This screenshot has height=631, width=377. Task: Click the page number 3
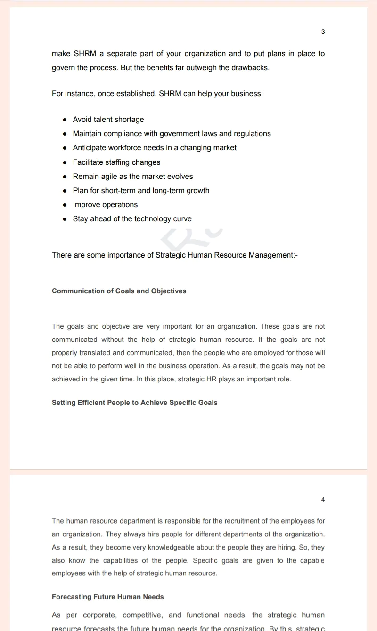pyautogui.click(x=323, y=32)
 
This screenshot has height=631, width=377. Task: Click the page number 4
pyautogui.click(x=323, y=500)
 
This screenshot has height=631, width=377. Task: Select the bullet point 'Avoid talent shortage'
pyautogui.click(x=108, y=120)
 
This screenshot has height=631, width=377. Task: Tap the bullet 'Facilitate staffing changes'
pyautogui.click(x=116, y=162)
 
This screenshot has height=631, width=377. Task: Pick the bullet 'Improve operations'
pyautogui.click(x=105, y=205)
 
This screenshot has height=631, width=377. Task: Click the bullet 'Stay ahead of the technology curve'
pyautogui.click(x=132, y=219)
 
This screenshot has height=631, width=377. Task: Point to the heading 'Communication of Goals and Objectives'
pyautogui.click(x=119, y=291)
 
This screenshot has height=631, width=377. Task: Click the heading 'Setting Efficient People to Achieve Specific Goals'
pyautogui.click(x=134, y=403)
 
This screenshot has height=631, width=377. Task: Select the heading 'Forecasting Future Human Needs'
pyautogui.click(x=107, y=597)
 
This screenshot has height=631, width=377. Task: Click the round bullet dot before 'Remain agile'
pyautogui.click(x=65, y=177)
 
